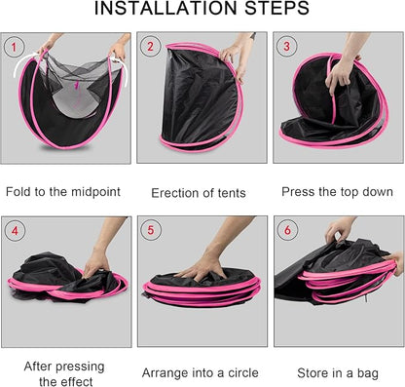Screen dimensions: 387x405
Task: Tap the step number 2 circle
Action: (x=151, y=46)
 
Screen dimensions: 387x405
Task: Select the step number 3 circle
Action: (x=286, y=46)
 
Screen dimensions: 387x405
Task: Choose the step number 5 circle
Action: (x=151, y=230)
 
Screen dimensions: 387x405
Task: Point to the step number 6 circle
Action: (x=286, y=230)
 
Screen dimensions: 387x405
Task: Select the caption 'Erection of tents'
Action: (x=202, y=192)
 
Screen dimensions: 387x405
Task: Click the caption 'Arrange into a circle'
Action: (x=202, y=372)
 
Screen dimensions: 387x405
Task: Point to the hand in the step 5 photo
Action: (x=204, y=265)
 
